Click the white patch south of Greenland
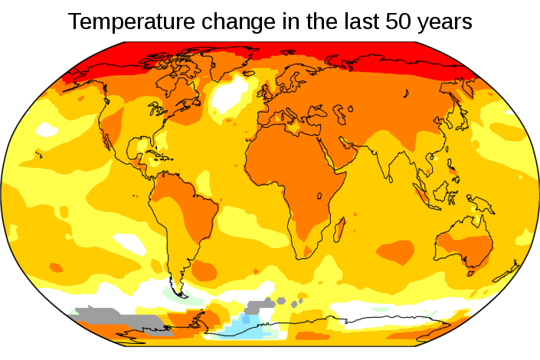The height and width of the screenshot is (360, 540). pyautogui.click(x=226, y=97)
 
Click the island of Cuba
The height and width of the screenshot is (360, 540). pyautogui.click(x=152, y=155)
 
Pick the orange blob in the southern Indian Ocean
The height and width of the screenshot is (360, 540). pyautogui.click(x=396, y=250)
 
